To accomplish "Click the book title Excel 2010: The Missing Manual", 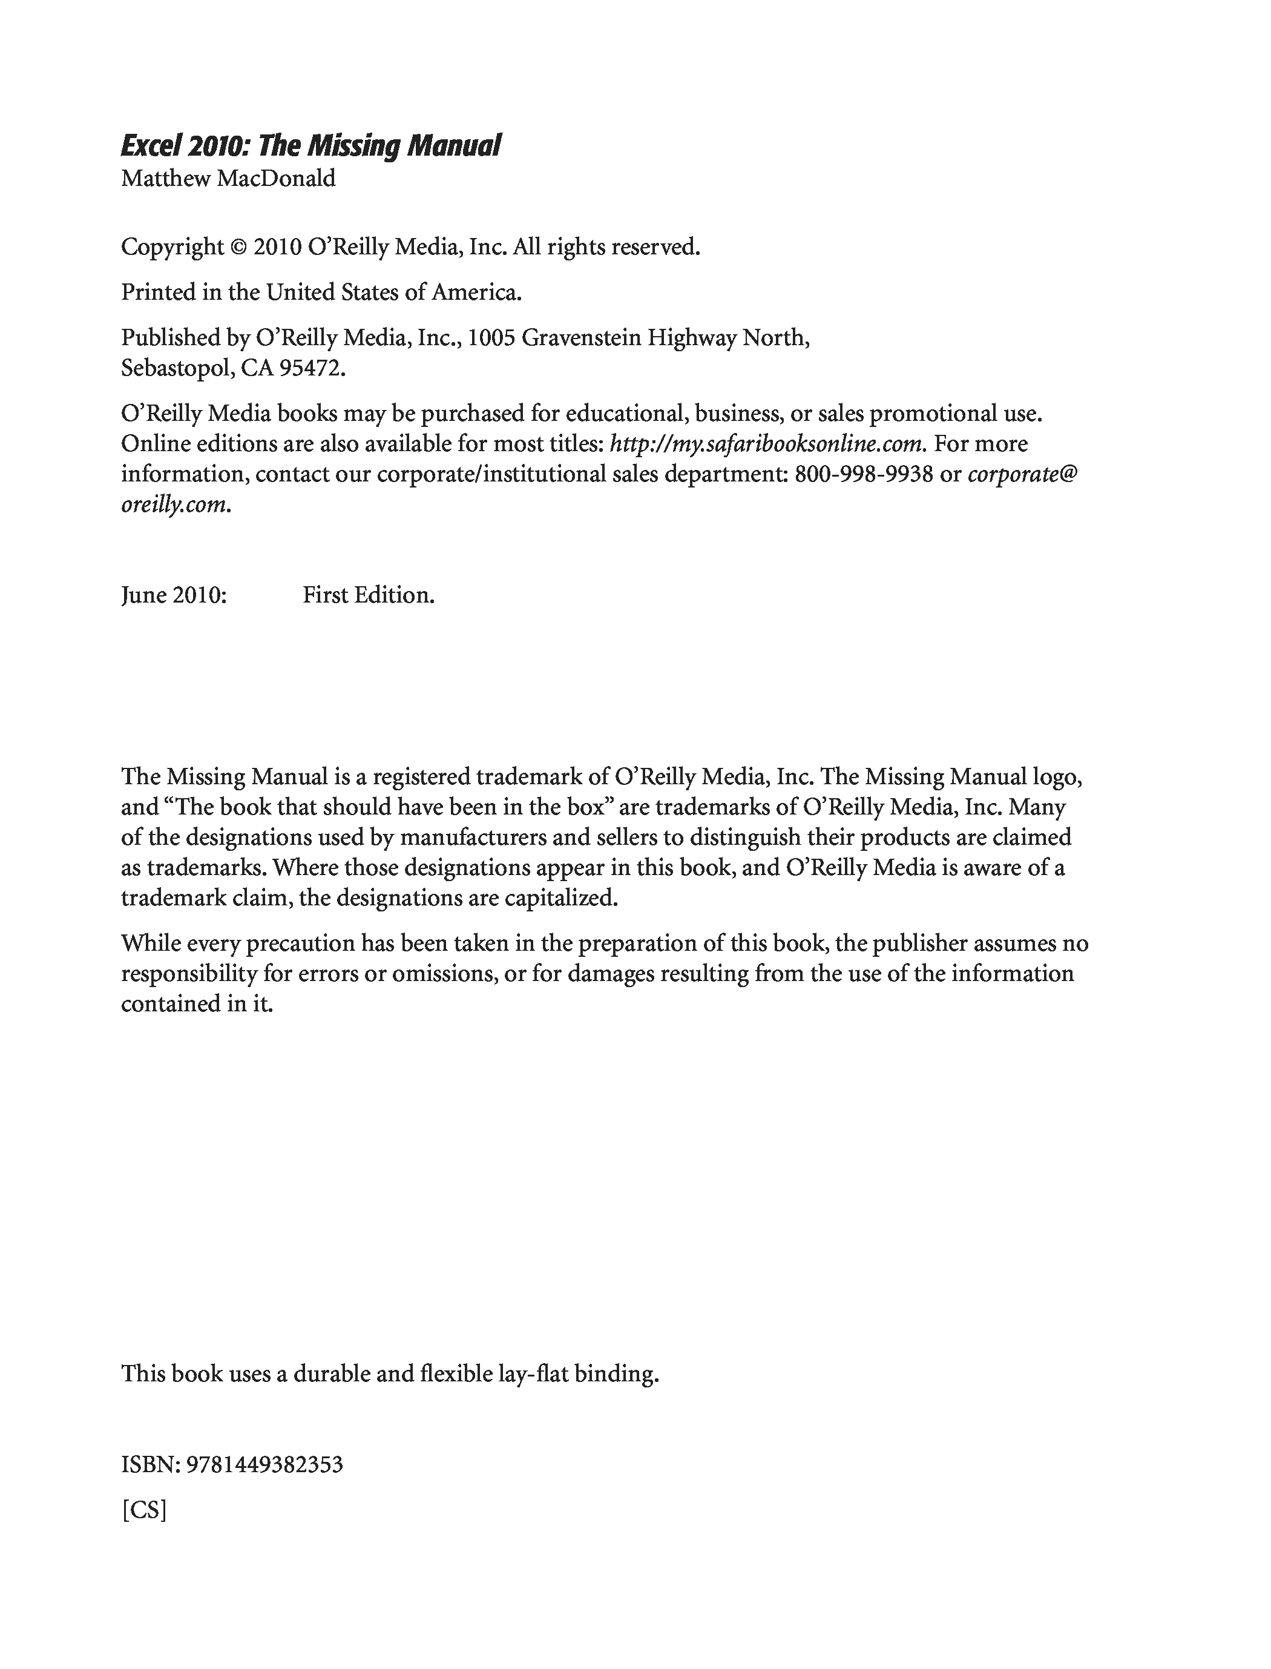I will pos(310,145).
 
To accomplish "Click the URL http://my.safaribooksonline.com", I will pos(767,443).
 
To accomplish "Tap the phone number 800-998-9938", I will pos(864,474).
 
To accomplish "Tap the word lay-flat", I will pos(533,1374).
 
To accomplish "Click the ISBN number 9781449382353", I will pos(264,1465).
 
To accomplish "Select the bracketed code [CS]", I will pos(144,1510).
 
